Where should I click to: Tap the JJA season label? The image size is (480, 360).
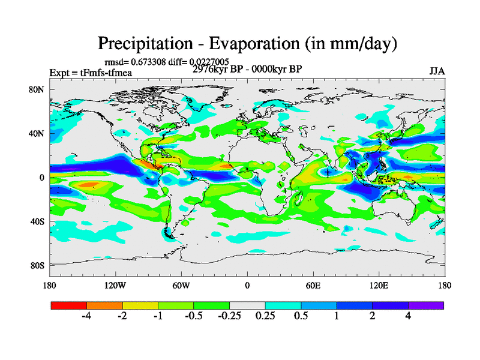(x=437, y=71)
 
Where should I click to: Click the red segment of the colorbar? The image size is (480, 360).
(x=69, y=305)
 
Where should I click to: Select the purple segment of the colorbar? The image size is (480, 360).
(x=426, y=305)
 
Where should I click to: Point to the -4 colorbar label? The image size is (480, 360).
(x=86, y=316)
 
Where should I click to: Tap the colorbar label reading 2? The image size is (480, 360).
(x=373, y=316)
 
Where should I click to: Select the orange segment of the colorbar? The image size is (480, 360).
(x=104, y=305)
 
